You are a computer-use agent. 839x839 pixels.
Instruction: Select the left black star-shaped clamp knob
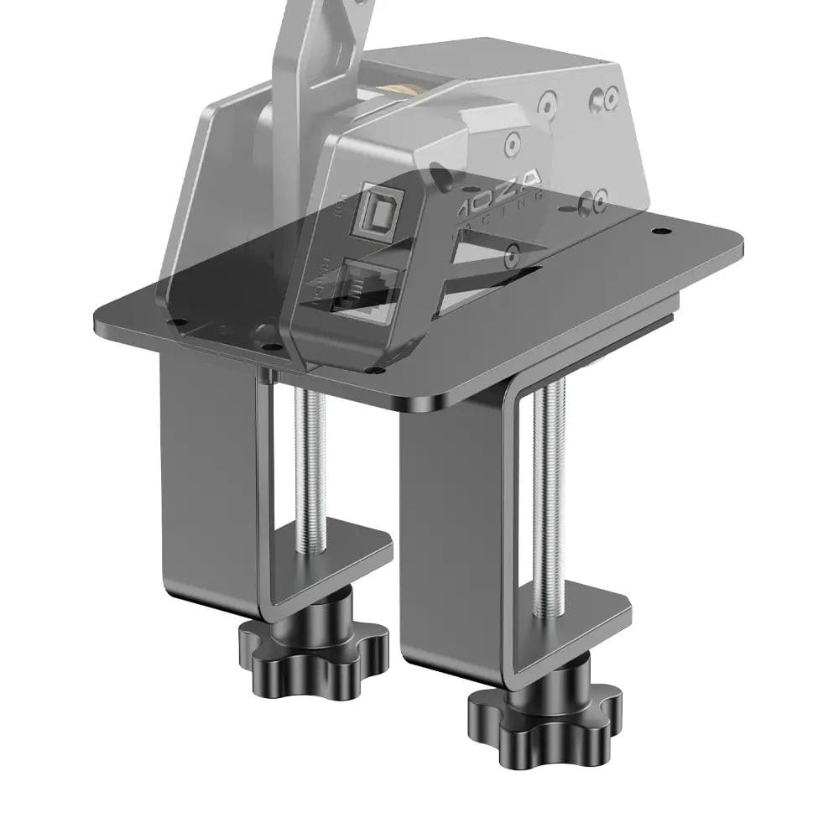[x=315, y=645]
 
